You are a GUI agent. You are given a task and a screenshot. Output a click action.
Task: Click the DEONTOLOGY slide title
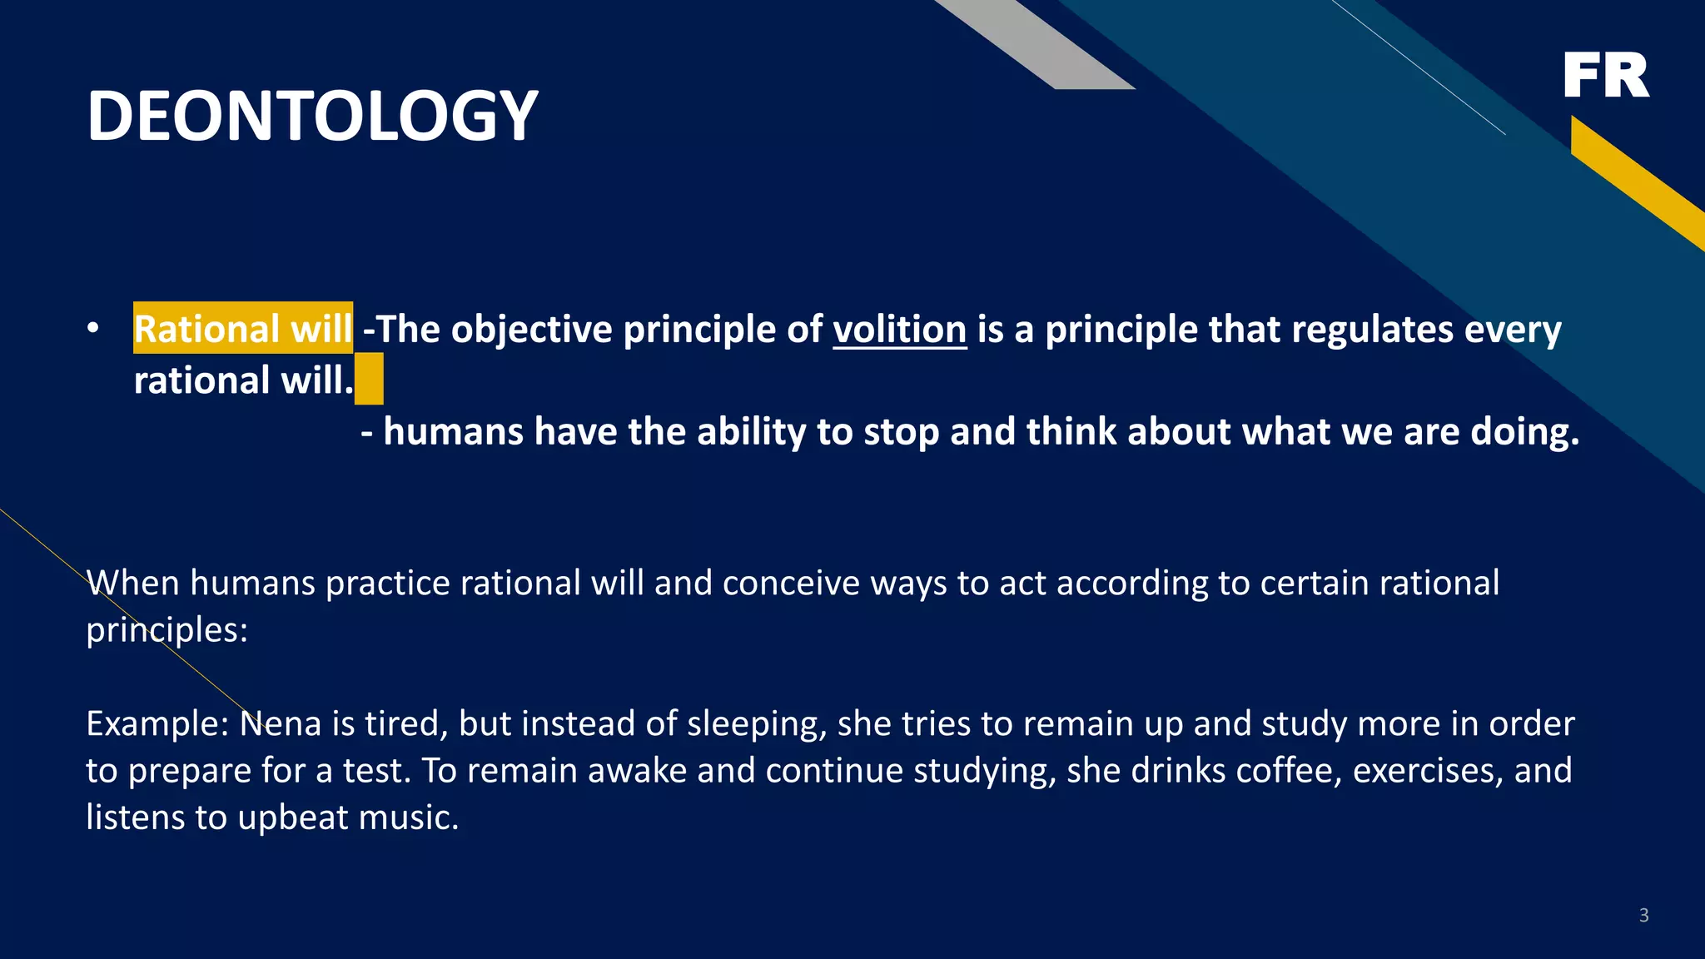click(x=312, y=116)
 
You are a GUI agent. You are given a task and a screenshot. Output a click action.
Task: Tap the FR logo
click(x=1605, y=75)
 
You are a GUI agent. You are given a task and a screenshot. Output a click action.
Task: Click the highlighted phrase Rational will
click(x=242, y=329)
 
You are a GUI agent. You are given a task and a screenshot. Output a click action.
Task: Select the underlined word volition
click(x=899, y=329)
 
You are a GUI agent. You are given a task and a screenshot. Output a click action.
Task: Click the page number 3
click(x=1643, y=916)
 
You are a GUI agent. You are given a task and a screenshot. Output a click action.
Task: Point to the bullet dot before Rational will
click(x=93, y=328)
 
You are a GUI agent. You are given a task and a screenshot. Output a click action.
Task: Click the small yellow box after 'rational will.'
click(x=369, y=379)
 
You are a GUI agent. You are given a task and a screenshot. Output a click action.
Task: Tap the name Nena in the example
click(x=280, y=723)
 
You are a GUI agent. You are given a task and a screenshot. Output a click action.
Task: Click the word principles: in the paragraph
click(x=167, y=630)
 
